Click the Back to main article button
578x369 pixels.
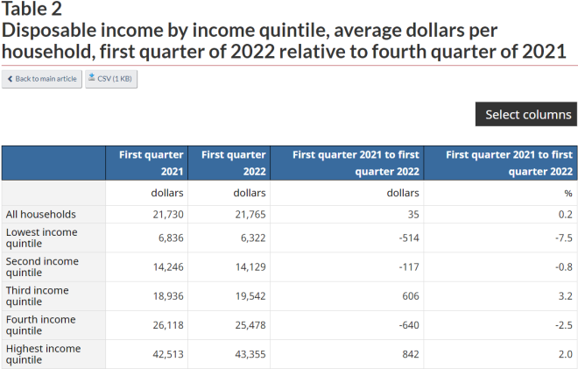[42, 79]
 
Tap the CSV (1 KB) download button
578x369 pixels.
[111, 79]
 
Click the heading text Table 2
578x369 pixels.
[32, 9]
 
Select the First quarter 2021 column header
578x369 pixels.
[147, 163]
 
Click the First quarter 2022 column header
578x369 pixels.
[229, 163]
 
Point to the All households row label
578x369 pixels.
[41, 215]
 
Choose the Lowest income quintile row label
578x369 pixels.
[42, 238]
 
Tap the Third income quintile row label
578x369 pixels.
[38, 296]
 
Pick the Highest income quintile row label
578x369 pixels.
[43, 354]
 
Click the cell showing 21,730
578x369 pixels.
[168, 215]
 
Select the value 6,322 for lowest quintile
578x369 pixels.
[253, 238]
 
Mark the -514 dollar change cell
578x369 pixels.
[409, 238]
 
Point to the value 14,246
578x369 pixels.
[168, 267]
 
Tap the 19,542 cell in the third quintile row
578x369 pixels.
[250, 296]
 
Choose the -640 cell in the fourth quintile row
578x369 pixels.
[409, 325]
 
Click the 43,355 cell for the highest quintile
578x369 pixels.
[250, 355]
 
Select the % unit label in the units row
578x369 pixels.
[568, 194]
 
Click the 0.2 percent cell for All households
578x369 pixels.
[566, 215]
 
